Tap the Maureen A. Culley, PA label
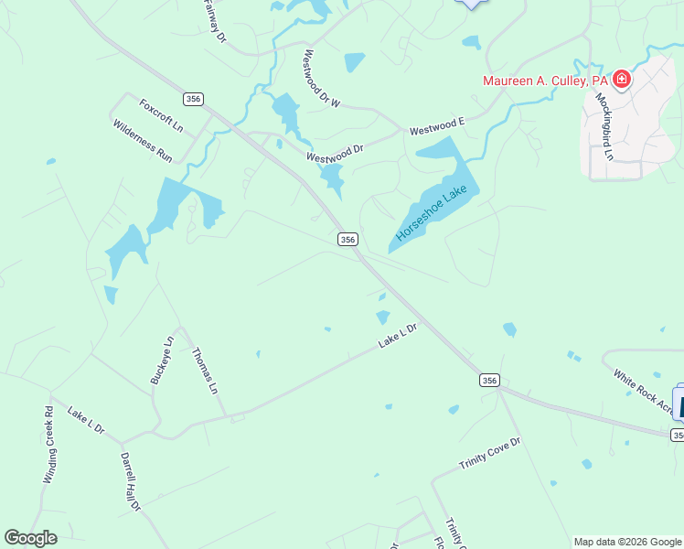pos(546,81)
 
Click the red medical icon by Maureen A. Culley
pos(622,80)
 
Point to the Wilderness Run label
pos(143,141)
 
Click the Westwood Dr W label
pos(322,78)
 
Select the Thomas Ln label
pos(205,370)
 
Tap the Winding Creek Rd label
pos(49,445)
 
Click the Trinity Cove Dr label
pos(489,455)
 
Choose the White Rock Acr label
pos(642,390)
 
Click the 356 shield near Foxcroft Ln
pos(192,99)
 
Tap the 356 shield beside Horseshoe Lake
pos(347,239)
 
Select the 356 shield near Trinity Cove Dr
pos(489,379)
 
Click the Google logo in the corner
pos(30,538)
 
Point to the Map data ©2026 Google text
pos(628,542)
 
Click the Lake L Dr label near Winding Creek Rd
pos(85,423)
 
